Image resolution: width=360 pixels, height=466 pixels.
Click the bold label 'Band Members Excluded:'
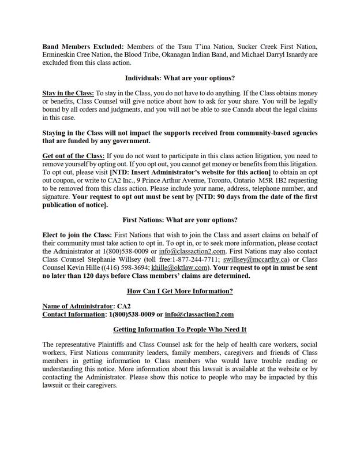[82, 46]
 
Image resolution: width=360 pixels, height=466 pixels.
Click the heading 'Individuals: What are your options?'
[179, 78]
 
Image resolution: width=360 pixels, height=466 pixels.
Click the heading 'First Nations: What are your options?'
[180, 220]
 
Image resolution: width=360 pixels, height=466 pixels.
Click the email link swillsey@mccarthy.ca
[256, 260]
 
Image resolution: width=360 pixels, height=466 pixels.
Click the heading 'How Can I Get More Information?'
[179, 291]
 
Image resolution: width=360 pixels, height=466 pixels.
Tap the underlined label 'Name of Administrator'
[76, 307]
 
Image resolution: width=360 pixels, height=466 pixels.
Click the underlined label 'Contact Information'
[73, 315]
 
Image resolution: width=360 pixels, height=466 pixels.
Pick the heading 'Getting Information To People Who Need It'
[179, 329]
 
